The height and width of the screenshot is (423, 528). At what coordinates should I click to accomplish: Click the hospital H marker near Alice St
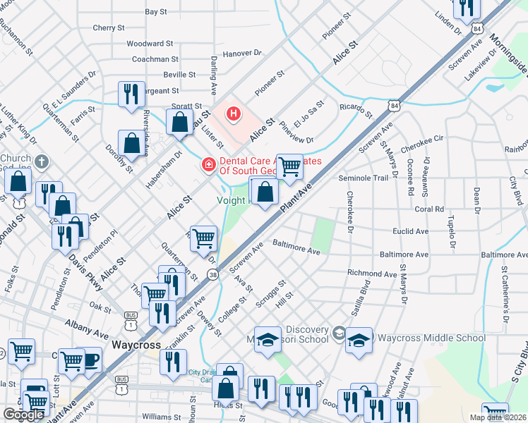[x=234, y=112]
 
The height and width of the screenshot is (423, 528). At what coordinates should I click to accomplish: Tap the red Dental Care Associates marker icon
[x=208, y=164]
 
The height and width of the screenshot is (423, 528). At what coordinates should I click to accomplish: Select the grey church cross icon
[x=42, y=161]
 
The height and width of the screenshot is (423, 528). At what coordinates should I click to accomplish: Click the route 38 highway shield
[x=212, y=274]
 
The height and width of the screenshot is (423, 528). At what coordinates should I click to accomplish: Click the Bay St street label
[x=155, y=12]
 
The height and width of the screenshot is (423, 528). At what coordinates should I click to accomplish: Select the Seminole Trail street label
[x=364, y=178]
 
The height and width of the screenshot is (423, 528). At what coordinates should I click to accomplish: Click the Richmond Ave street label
[x=371, y=273]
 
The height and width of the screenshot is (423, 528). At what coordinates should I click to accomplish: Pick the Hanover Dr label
[x=242, y=53]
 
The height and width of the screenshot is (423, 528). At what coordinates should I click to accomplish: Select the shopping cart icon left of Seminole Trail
[x=289, y=166]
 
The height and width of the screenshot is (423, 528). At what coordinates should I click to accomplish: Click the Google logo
[x=23, y=415]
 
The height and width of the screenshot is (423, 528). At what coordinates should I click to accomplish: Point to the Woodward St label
[x=150, y=44]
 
